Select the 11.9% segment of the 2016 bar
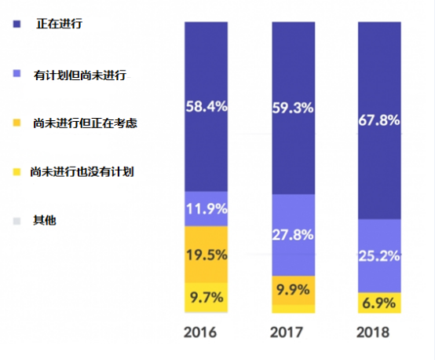pyautogui.click(x=207, y=209)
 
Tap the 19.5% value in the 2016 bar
pyautogui.click(x=207, y=255)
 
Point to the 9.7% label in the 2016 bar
pyautogui.click(x=207, y=297)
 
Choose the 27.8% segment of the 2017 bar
pyautogui.click(x=293, y=235)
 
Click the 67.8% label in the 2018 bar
pyautogui.click(x=379, y=121)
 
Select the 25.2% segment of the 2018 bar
pyautogui.click(x=379, y=255)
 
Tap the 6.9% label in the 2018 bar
pyautogui.click(x=379, y=302)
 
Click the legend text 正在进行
pyautogui.click(x=60, y=24)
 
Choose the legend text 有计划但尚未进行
pyautogui.click(x=80, y=75)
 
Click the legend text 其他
pyautogui.click(x=44, y=220)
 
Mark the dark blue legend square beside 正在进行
pyautogui.click(x=16, y=25)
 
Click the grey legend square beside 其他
pyautogui.click(x=16, y=221)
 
